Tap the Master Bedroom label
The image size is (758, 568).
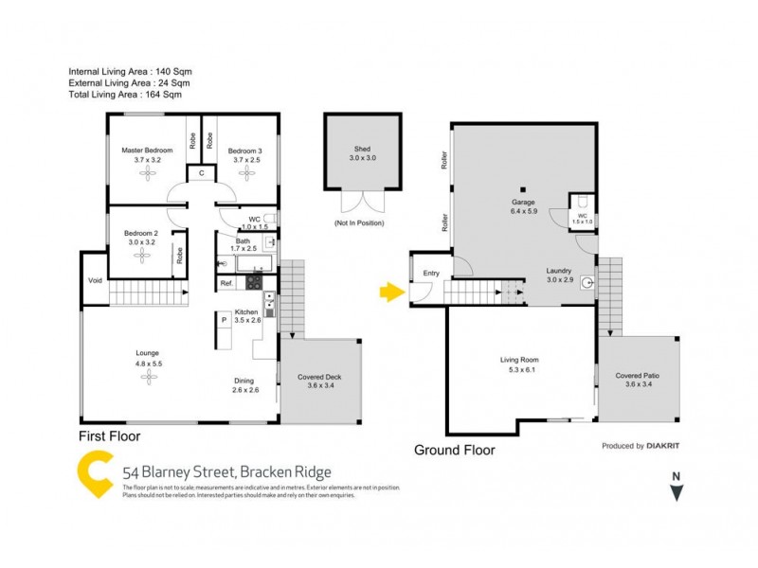(x=146, y=151)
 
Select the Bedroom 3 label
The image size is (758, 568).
(x=244, y=151)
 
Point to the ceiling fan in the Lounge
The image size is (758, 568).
(x=148, y=377)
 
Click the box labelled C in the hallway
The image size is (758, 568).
(x=201, y=173)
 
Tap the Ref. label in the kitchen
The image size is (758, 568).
(x=226, y=283)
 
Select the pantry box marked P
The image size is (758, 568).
(x=225, y=321)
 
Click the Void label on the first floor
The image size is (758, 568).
(x=95, y=280)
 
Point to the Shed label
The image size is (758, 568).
(x=362, y=149)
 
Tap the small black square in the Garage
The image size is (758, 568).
(x=522, y=188)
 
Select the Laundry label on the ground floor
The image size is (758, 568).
(x=560, y=270)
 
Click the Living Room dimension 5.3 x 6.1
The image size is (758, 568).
(x=519, y=370)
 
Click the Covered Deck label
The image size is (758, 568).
(x=319, y=377)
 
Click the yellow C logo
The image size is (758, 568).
(x=96, y=473)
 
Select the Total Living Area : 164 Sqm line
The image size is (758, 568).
(x=125, y=94)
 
